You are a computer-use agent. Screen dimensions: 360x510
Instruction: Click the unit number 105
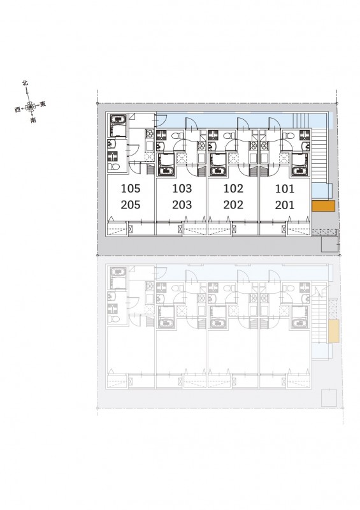coord(131,188)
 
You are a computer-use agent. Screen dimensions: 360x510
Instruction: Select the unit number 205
coord(131,205)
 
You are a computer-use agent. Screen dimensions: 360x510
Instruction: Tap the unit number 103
coord(182,188)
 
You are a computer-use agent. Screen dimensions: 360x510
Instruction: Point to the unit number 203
coord(182,205)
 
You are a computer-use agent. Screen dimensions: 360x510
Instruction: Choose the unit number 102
coord(233,188)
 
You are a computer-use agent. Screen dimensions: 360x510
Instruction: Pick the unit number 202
coord(233,205)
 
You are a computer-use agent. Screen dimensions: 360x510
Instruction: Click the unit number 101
coord(285,189)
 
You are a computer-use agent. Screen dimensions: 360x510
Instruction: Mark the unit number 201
coord(285,205)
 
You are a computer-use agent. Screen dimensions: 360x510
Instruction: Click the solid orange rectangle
coord(323,206)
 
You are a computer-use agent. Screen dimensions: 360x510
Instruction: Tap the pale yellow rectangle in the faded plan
coord(334,331)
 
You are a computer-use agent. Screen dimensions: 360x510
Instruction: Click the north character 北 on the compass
coord(25,83)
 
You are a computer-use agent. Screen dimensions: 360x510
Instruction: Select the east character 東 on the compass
coord(43,104)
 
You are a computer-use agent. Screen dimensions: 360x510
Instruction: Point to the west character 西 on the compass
coord(18,110)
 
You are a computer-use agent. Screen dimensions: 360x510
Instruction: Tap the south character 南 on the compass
coord(33,120)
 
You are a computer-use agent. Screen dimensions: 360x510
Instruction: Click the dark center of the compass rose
coord(30,106)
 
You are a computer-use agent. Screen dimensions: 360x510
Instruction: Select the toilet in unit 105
coord(114,167)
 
